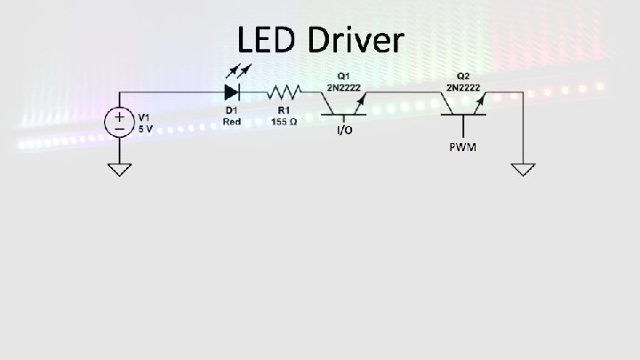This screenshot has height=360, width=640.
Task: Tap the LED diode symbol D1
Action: tap(233, 92)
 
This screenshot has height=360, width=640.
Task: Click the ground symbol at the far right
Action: tap(524, 169)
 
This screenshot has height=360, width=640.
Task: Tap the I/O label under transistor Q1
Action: tap(344, 132)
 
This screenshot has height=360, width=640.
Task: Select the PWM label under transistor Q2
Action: tap(462, 146)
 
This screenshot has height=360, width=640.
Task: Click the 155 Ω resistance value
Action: tap(284, 122)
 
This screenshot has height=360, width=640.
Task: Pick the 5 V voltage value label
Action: tap(145, 127)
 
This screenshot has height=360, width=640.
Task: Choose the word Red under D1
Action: tap(232, 122)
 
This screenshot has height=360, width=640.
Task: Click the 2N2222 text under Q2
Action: tap(464, 87)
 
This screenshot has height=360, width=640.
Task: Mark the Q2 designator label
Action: tap(464, 76)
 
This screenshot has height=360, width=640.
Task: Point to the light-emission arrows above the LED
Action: tap(239, 71)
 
